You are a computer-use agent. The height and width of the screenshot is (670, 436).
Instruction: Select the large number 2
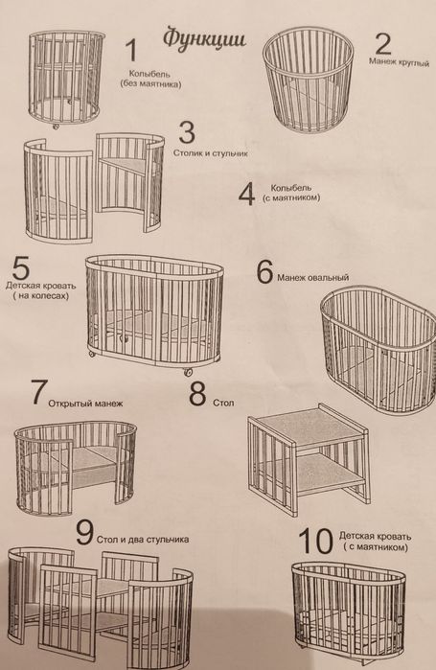pyautogui.click(x=382, y=44)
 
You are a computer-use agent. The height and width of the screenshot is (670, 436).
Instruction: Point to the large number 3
pyautogui.click(x=187, y=132)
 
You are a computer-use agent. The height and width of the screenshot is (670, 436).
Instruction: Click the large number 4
pyautogui.click(x=246, y=195)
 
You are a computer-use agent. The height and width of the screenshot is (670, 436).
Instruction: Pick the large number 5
pyautogui.click(x=21, y=267)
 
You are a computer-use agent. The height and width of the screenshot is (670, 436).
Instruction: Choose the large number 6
pyautogui.click(x=264, y=271)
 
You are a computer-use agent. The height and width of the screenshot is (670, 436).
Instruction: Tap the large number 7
pyautogui.click(x=39, y=392)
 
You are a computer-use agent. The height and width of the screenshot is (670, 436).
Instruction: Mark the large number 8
pyautogui.click(x=197, y=394)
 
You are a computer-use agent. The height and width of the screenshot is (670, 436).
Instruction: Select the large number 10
pyautogui.click(x=315, y=541)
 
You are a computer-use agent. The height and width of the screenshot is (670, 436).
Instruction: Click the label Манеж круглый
pyautogui.click(x=399, y=62)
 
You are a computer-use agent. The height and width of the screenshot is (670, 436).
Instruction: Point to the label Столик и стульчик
pyautogui.click(x=211, y=153)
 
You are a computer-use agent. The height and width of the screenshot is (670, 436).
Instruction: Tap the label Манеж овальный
pyautogui.click(x=313, y=278)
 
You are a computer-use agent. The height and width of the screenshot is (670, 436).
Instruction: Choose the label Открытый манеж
pyautogui.click(x=85, y=403)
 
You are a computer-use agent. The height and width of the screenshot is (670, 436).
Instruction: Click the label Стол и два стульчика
pyautogui.click(x=143, y=540)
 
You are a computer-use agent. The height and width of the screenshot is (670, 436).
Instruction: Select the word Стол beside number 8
pyautogui.click(x=223, y=402)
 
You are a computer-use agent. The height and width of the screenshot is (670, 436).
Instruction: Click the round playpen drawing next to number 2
pyautogui.click(x=309, y=80)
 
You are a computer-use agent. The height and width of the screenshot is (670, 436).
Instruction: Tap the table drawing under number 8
pyautogui.click(x=310, y=459)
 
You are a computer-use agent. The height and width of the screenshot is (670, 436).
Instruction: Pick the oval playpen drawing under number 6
pyautogui.click(x=379, y=350)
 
